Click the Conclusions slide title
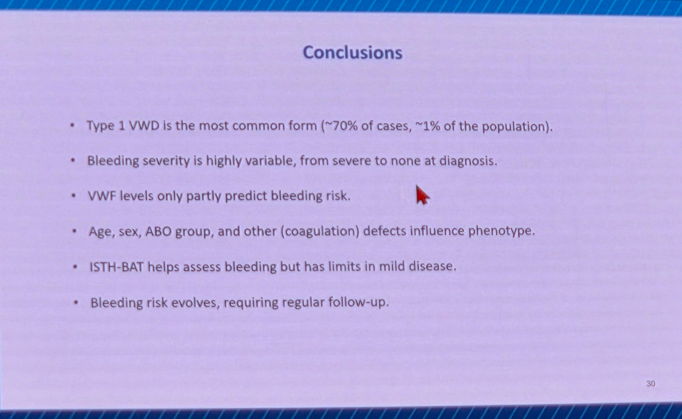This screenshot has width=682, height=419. (x=353, y=52)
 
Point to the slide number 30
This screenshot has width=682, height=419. (x=651, y=383)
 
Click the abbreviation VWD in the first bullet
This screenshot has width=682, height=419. (x=144, y=126)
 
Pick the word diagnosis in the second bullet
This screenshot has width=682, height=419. (x=468, y=161)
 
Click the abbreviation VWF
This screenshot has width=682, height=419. (x=102, y=196)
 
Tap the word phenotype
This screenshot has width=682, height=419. (x=502, y=231)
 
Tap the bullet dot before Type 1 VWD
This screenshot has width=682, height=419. (x=72, y=126)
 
